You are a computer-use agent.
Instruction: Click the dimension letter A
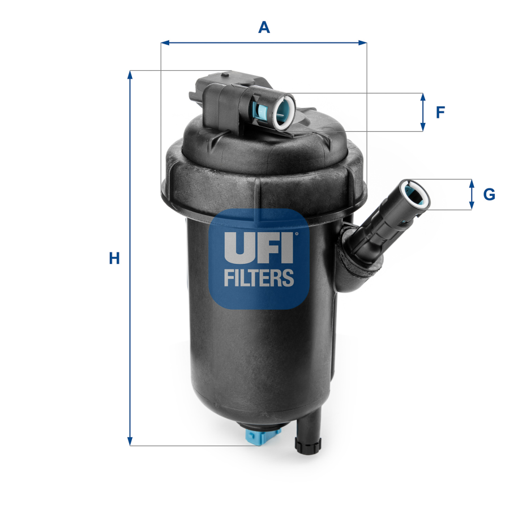click(264, 27)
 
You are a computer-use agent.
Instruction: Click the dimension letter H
click(114, 259)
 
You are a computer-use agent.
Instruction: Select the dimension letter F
click(440, 112)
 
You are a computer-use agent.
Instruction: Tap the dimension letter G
click(489, 195)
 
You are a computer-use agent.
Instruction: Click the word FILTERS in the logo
click(259, 277)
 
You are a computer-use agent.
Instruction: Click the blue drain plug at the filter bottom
click(263, 436)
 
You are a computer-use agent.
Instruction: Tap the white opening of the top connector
click(285, 111)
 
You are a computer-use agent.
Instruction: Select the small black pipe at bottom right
click(309, 433)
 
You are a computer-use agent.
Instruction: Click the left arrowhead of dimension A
click(164, 42)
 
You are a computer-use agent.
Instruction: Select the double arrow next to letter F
click(423, 112)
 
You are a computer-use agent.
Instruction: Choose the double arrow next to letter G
click(472, 195)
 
